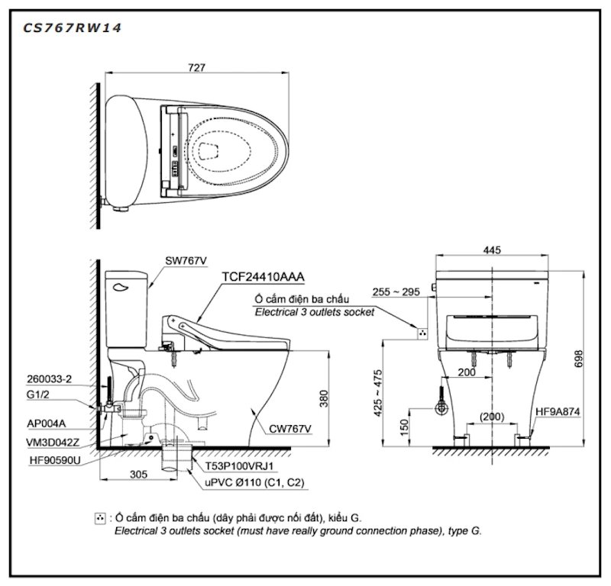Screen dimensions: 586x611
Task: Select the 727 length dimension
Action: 196,68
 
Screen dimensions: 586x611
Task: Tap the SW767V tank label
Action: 186,261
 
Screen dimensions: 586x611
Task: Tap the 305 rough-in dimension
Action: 138,474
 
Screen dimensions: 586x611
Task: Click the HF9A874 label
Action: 558,412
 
